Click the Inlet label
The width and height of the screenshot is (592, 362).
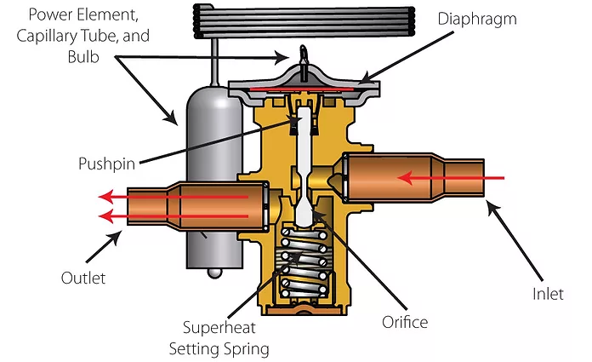[546, 294]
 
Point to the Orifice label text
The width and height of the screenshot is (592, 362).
[405, 322]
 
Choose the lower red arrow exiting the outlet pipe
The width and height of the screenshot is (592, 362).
[170, 215]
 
